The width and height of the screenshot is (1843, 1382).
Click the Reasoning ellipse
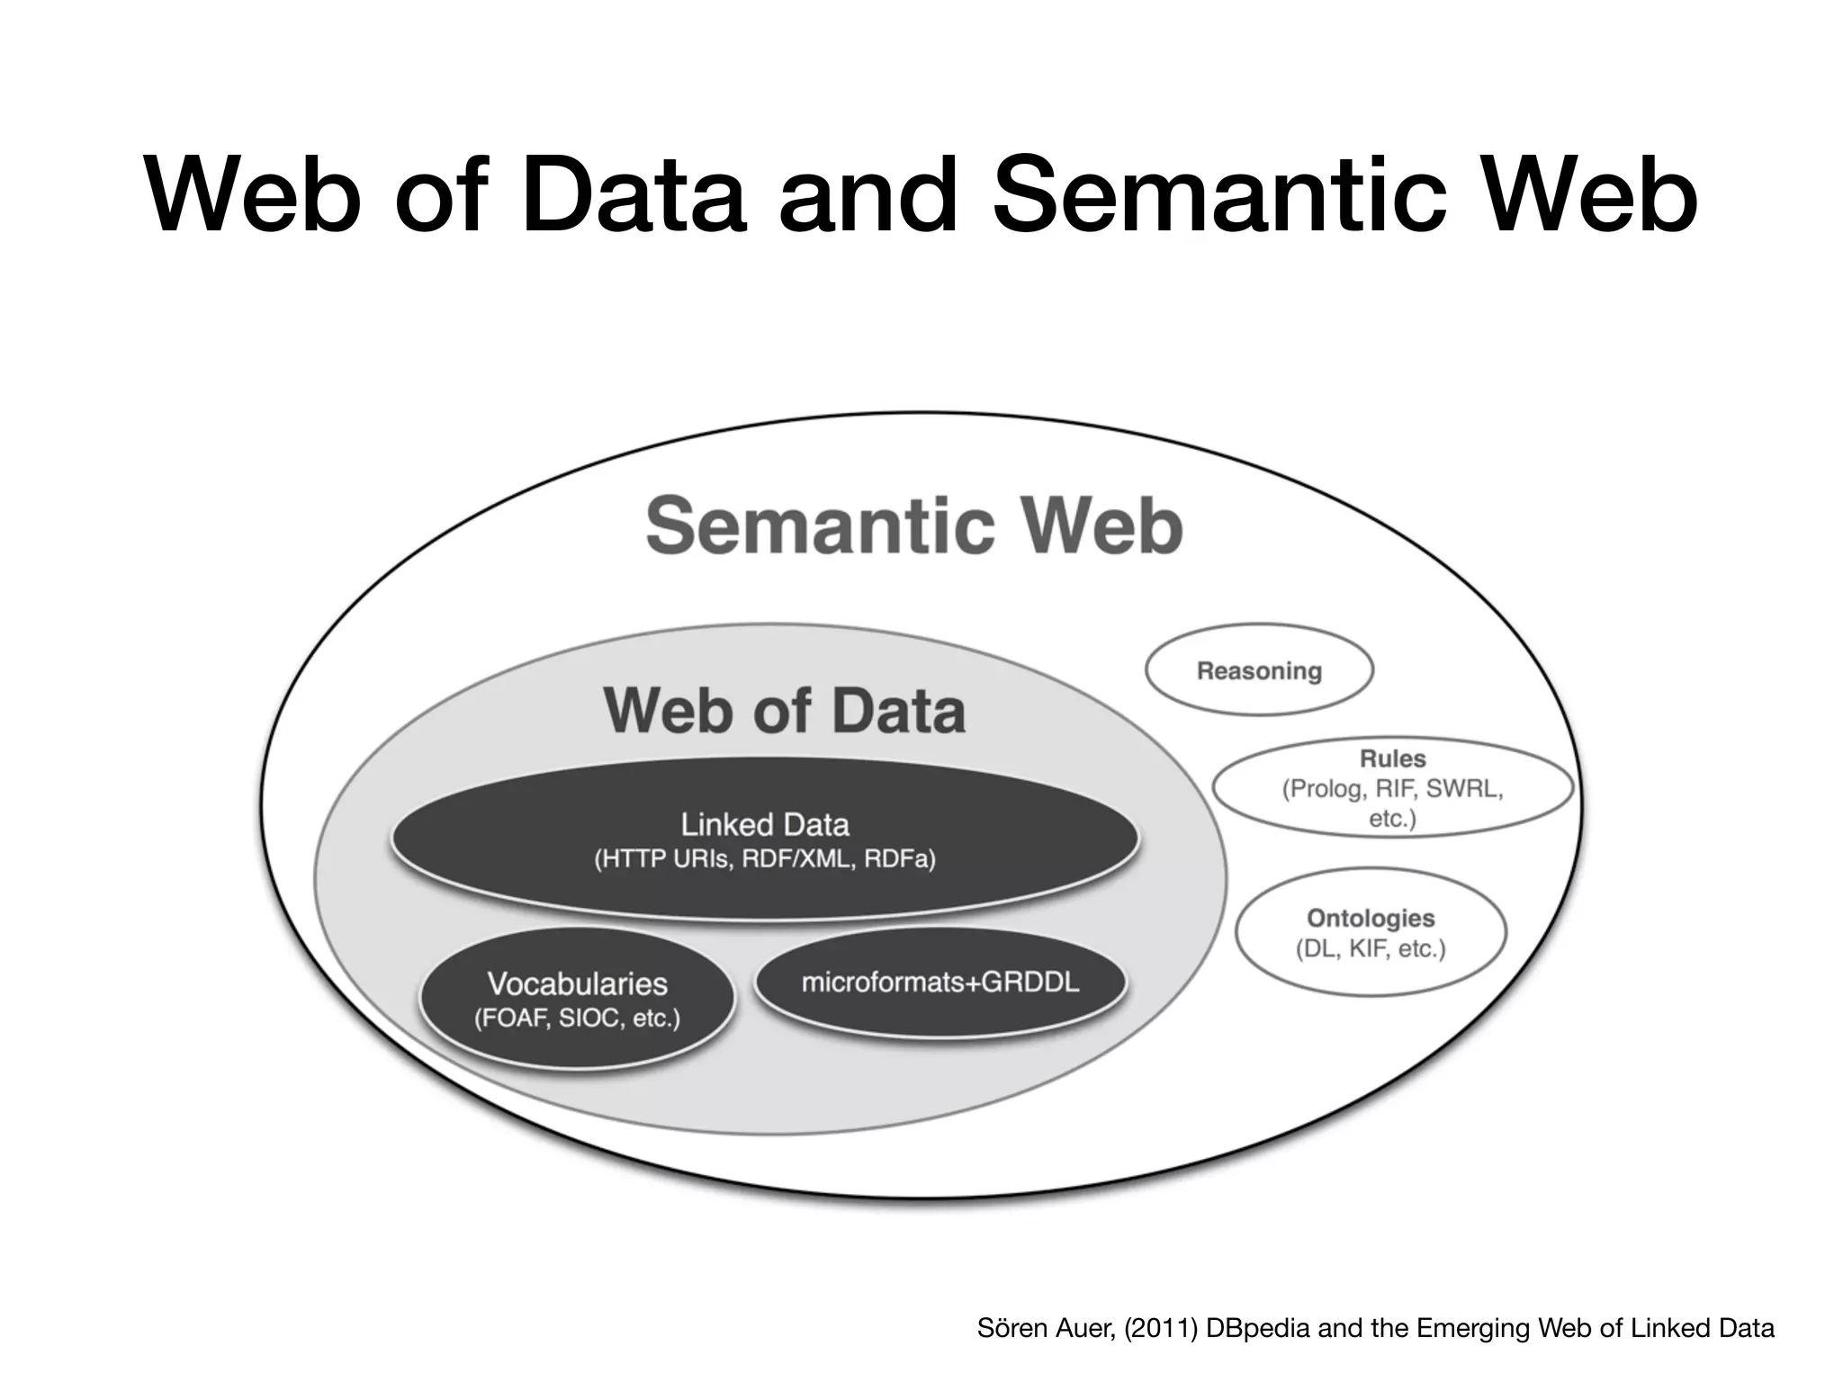click(x=1259, y=671)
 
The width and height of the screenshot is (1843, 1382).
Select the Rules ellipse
click(x=1392, y=788)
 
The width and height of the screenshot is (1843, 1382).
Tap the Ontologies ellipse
click(x=1371, y=932)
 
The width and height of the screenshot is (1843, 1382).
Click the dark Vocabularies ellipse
click(x=577, y=1000)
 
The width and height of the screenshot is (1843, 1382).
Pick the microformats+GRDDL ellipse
click(x=939, y=983)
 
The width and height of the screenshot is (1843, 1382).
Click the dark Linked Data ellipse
click(x=764, y=839)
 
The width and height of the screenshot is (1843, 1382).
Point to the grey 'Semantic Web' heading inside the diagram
click(x=913, y=526)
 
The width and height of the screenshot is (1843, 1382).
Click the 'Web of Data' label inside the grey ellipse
click(x=785, y=711)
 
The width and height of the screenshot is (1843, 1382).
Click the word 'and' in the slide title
click(x=868, y=198)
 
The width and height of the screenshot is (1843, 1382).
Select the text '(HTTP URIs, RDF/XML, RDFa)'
click(x=764, y=859)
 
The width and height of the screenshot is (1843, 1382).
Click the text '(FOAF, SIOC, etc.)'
click(x=577, y=1019)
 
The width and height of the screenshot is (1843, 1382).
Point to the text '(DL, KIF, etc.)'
click(x=1371, y=949)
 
